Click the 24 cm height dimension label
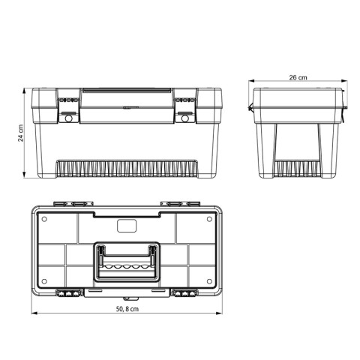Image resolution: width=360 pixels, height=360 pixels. tap(22, 133)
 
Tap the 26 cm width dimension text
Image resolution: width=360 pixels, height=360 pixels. tap(298, 76)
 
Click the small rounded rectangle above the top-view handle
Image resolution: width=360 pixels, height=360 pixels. tap(126, 226)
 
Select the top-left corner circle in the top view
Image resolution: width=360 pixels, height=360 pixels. tap(44, 220)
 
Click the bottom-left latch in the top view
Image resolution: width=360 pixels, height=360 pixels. tap(67, 293)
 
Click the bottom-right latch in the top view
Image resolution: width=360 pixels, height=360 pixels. tap(185, 293)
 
